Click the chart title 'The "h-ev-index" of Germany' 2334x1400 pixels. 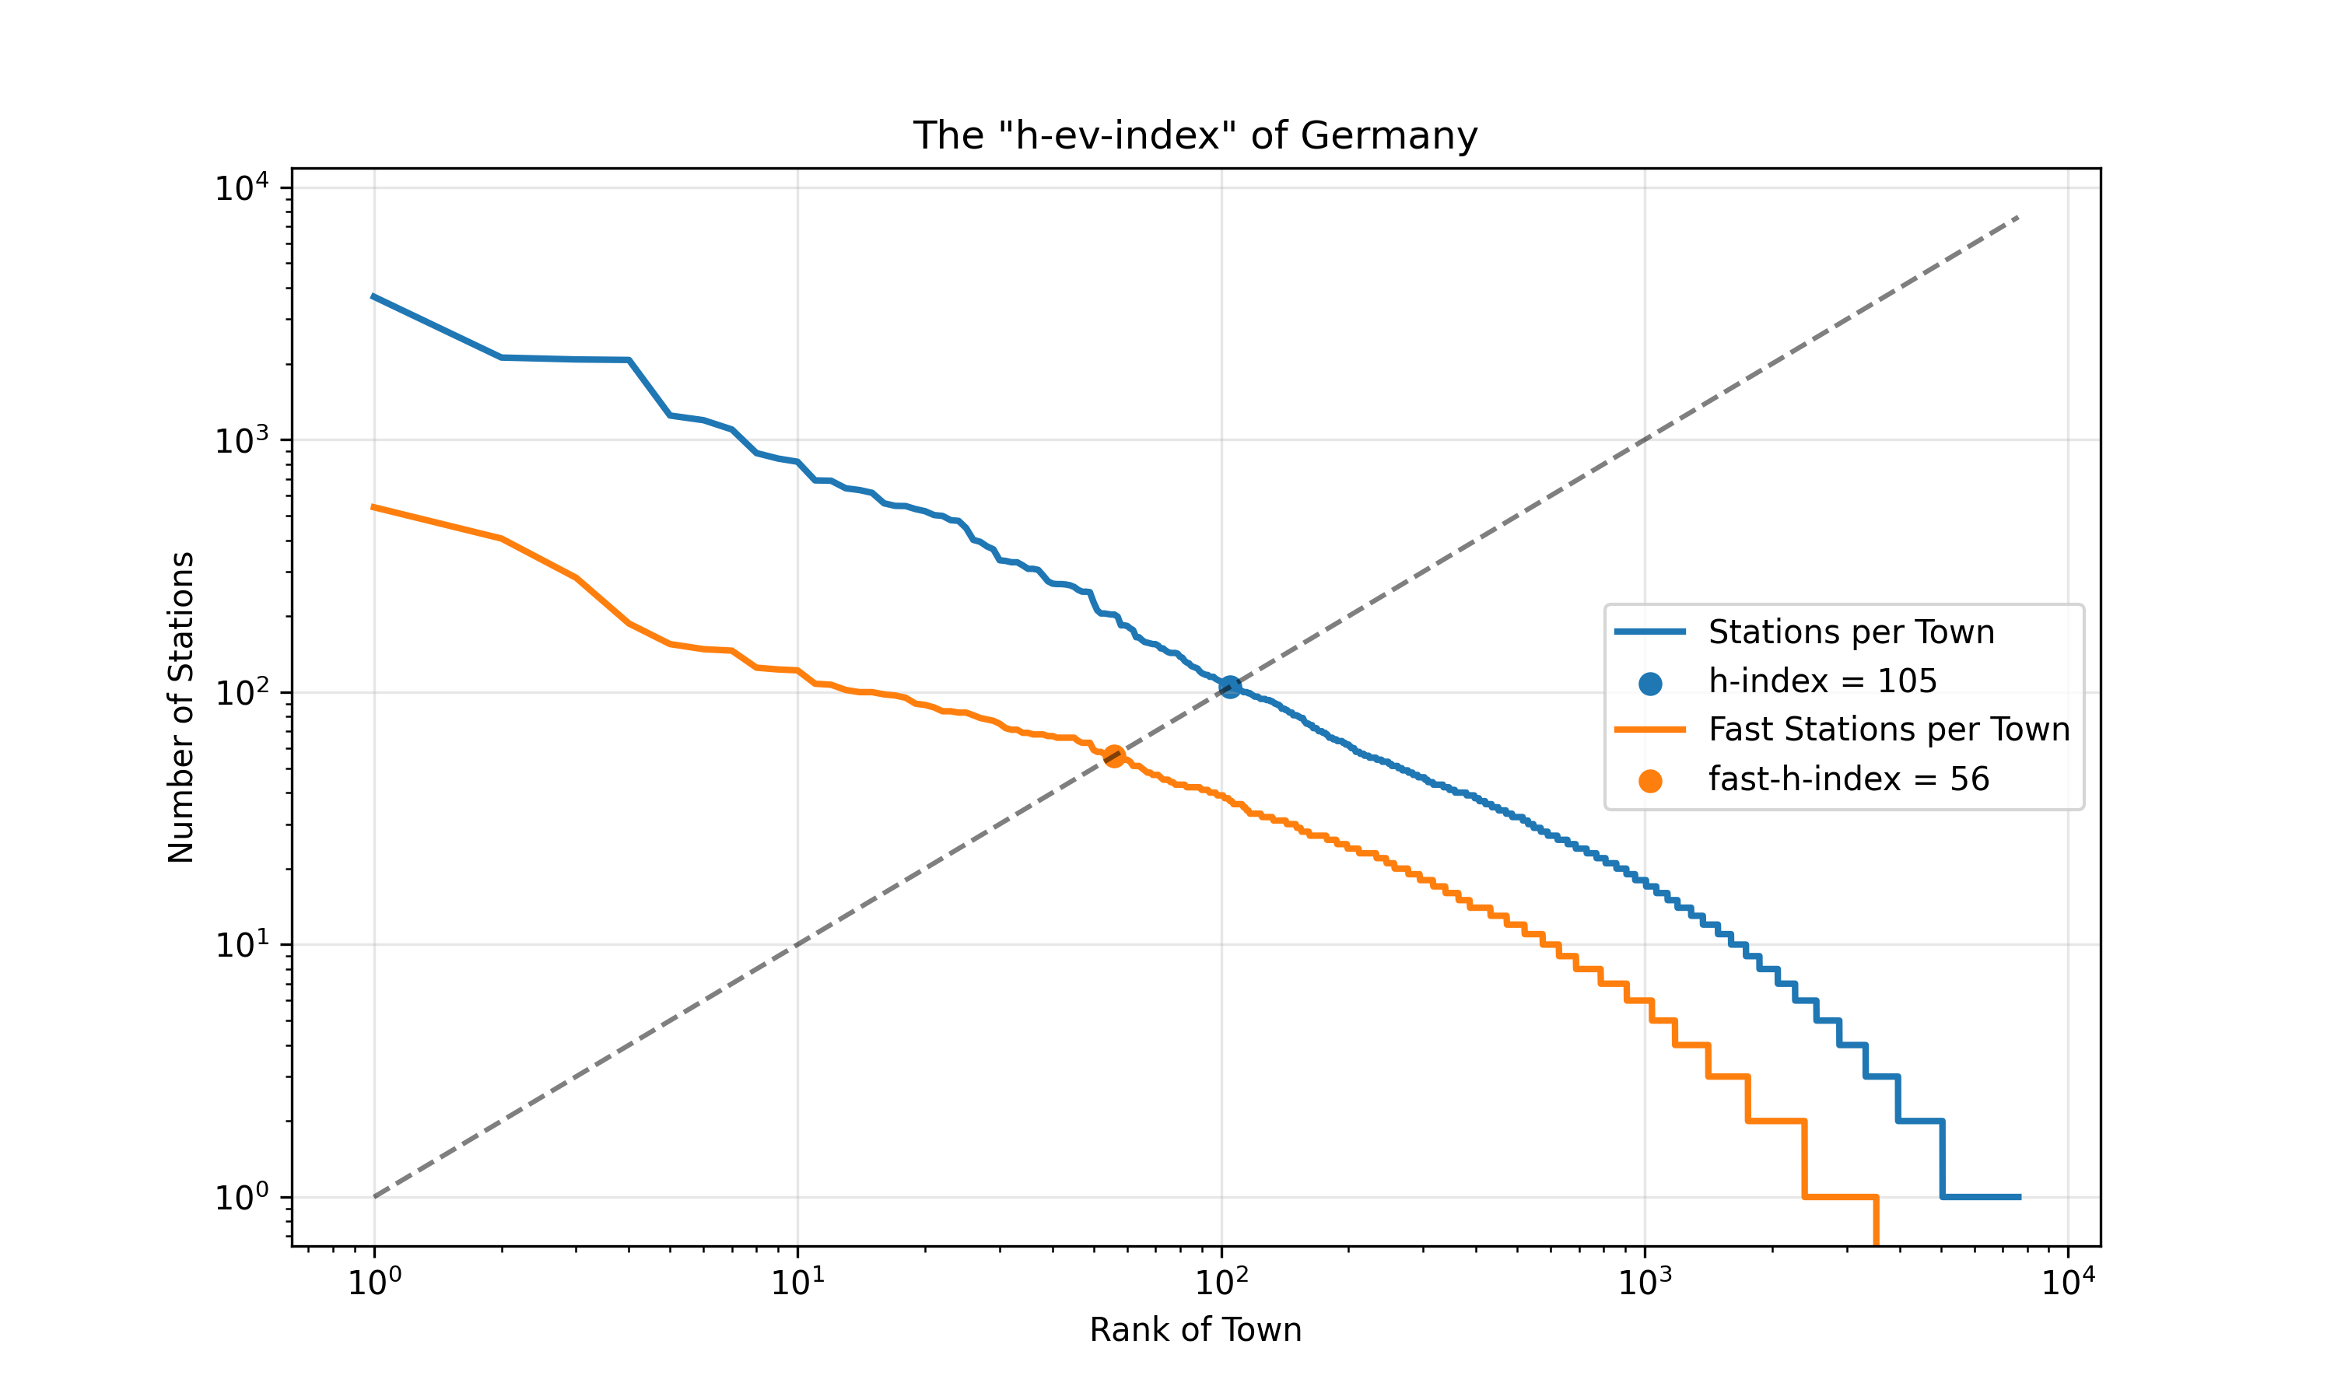(1194, 136)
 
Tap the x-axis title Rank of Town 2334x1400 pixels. (1194, 1329)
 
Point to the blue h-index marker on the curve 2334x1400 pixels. (1230, 687)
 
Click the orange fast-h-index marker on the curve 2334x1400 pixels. (1114, 756)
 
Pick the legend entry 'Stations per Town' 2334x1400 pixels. (1851, 632)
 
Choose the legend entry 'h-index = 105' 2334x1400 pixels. (1822, 681)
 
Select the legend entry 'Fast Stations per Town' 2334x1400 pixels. (1889, 730)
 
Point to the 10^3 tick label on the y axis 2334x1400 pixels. (241, 440)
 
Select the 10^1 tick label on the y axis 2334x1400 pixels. (241, 945)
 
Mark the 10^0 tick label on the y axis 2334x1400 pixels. (241, 1198)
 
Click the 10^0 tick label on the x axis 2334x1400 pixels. (374, 1281)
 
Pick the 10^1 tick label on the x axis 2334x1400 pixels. (798, 1281)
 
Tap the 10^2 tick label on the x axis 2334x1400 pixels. (1221, 1281)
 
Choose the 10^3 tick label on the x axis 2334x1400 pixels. (1645, 1281)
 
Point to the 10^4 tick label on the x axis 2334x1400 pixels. (2069, 1281)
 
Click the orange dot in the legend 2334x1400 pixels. (1650, 781)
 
